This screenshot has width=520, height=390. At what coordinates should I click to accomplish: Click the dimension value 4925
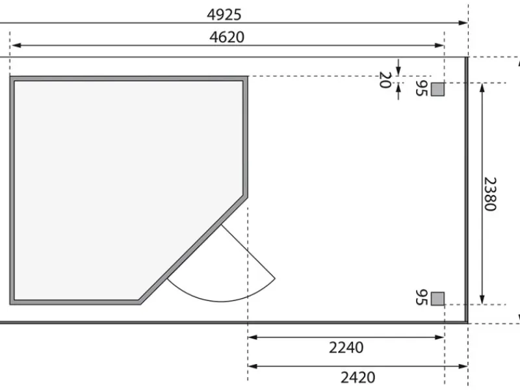(224, 14)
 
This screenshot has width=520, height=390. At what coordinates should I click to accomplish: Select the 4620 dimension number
(227, 37)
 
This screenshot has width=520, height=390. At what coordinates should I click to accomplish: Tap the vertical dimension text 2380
(490, 194)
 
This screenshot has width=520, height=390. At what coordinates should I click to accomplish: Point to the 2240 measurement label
(346, 348)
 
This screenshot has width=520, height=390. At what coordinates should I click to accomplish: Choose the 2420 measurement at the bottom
(358, 378)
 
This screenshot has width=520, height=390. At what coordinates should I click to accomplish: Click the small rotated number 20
(385, 80)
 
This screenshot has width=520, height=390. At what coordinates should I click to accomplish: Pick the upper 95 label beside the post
(421, 88)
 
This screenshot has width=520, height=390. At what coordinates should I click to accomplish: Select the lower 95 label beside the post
(421, 298)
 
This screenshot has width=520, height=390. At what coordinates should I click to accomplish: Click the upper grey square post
(437, 89)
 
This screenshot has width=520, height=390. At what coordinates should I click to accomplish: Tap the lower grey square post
(437, 298)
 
